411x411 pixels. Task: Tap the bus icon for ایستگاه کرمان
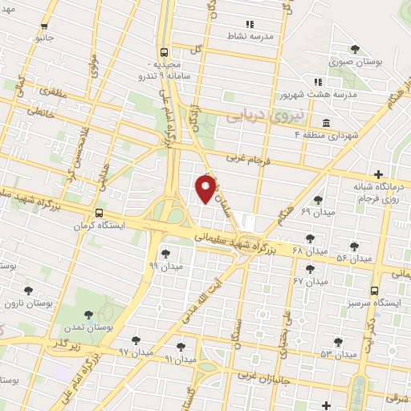point(99,214)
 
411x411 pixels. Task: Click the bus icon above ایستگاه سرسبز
point(375,291)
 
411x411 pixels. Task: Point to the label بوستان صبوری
point(354,61)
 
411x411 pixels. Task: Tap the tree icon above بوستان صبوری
point(355,49)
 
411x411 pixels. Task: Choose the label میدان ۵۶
point(354,258)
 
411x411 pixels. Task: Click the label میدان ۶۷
point(311,282)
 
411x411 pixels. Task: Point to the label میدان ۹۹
point(166,265)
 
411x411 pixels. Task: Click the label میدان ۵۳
point(338,353)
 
